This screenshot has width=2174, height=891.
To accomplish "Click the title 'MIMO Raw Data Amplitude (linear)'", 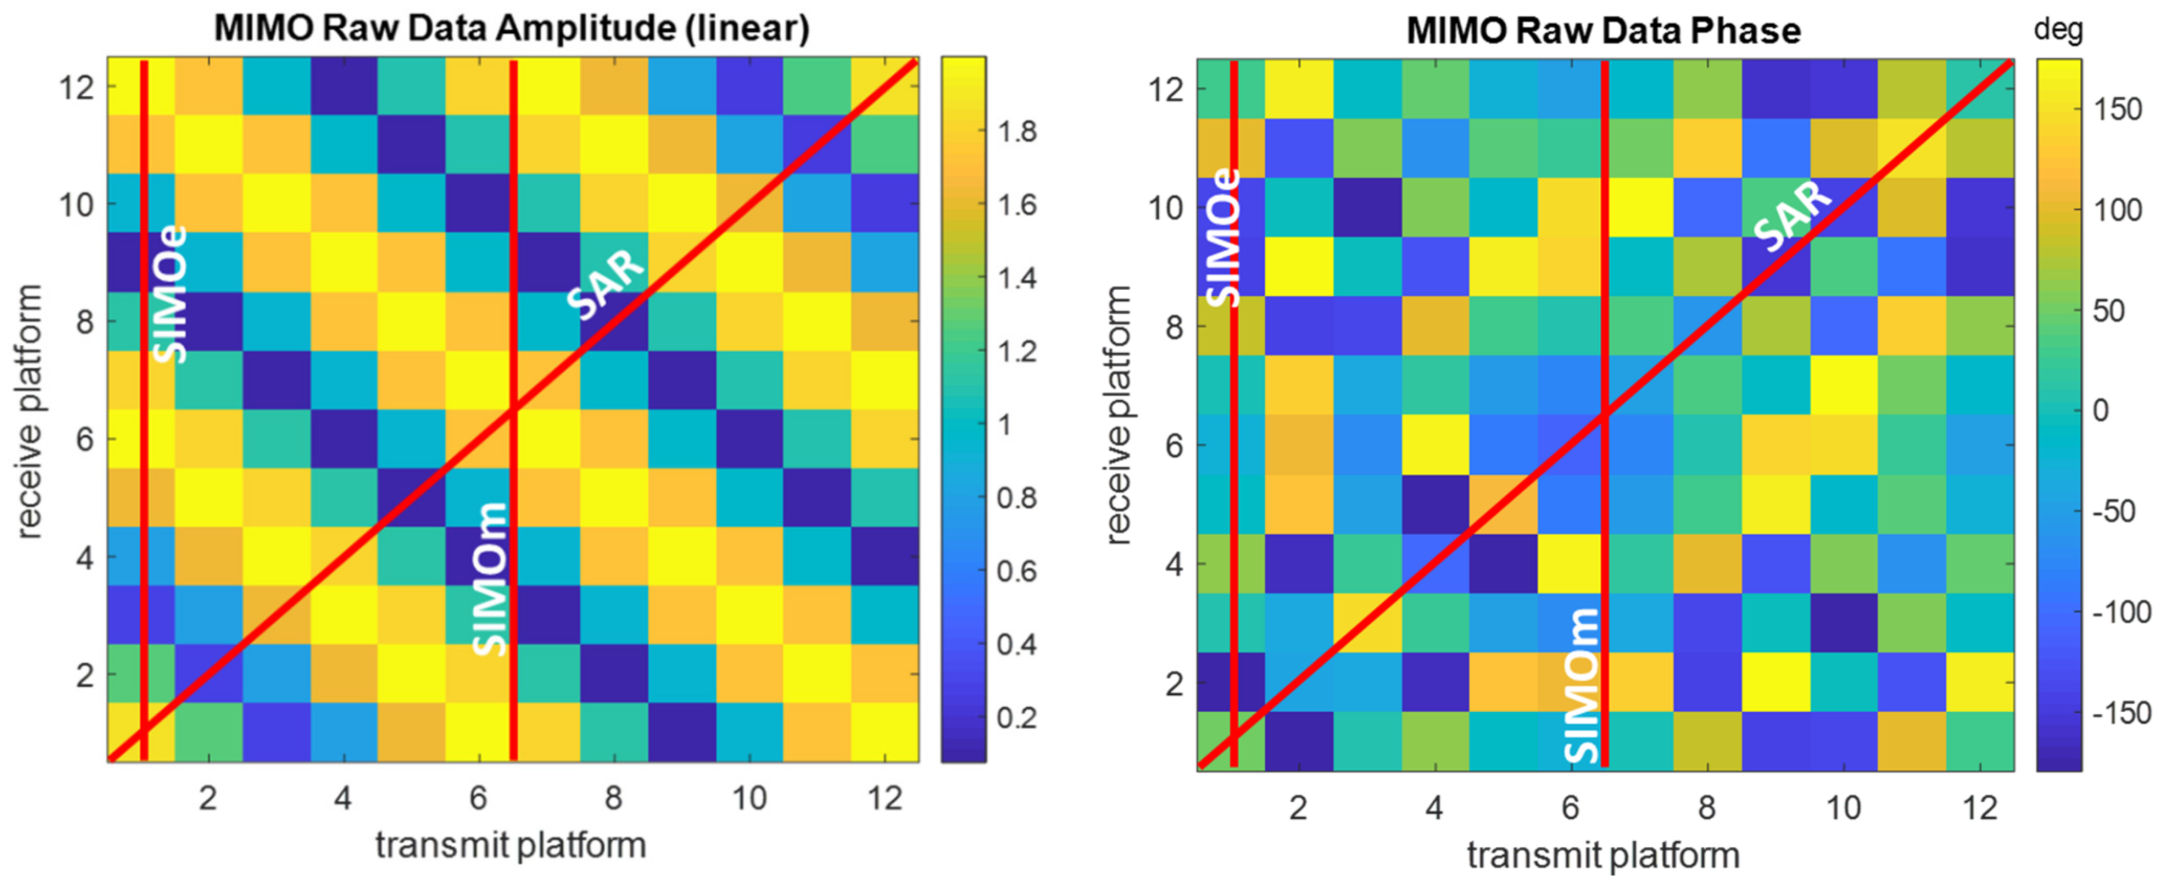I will [x=512, y=28].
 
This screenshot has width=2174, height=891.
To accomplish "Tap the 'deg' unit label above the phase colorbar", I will [x=2058, y=30].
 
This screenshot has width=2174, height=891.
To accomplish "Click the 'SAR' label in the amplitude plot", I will [x=604, y=288].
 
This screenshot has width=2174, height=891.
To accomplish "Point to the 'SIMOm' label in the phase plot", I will [x=1581, y=685].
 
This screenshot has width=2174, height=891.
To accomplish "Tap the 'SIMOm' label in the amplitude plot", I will [x=489, y=579].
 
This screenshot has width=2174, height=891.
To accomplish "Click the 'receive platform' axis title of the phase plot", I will [x=1118, y=415].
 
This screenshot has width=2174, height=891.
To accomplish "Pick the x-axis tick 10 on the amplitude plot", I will [x=749, y=798].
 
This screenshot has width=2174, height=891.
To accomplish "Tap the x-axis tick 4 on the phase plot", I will [x=1434, y=807].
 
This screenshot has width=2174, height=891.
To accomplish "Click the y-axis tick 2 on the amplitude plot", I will [x=84, y=675].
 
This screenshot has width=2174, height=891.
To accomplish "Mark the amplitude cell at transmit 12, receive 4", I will [x=885, y=557].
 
